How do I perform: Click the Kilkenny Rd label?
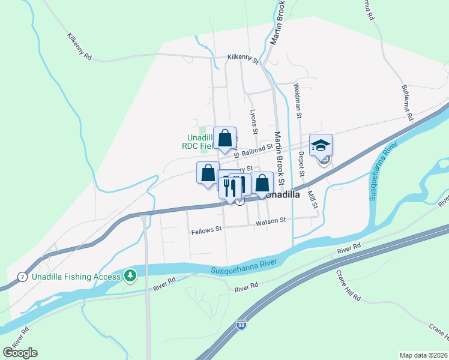(79, 46)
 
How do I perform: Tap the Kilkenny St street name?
(243, 58)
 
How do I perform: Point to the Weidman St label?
(297, 95)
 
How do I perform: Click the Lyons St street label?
(254, 122)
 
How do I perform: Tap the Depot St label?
(301, 164)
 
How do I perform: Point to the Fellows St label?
(206, 229)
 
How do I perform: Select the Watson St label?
(270, 221)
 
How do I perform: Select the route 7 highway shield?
(22, 276)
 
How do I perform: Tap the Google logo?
(20, 353)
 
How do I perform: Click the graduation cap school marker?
(321, 145)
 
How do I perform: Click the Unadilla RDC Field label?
(199, 140)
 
